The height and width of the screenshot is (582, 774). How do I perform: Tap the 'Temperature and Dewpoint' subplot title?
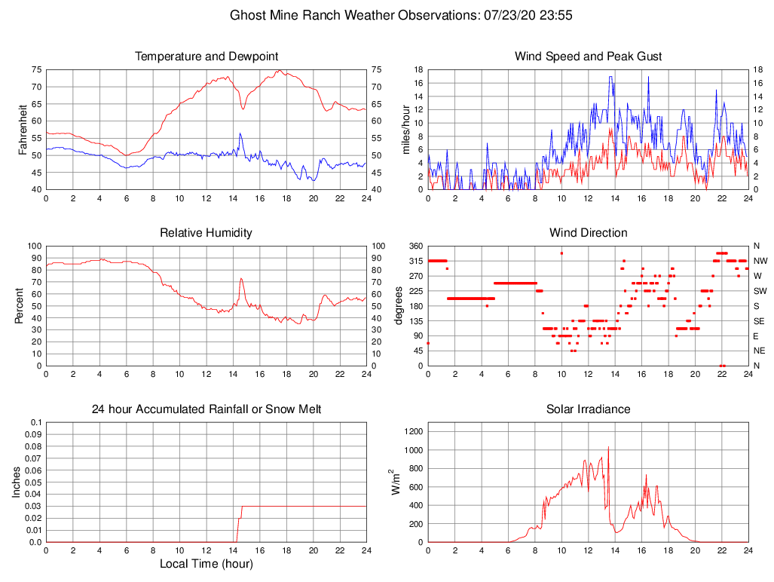click(x=207, y=57)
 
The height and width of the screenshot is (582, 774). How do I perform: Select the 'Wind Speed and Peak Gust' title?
click(x=588, y=57)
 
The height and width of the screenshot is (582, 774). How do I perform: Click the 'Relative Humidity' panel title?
click(x=207, y=233)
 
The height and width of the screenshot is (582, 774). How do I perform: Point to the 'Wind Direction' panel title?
click(x=588, y=233)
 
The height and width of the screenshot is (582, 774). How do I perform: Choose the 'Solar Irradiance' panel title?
click(x=588, y=409)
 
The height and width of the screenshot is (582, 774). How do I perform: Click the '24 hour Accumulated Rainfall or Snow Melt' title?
click(x=207, y=409)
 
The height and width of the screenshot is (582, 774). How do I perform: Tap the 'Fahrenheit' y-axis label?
click(x=23, y=130)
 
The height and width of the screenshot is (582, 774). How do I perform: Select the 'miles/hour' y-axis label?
click(x=405, y=130)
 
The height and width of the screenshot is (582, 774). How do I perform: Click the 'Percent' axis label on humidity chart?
click(x=20, y=306)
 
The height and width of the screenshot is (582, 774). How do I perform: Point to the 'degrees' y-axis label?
click(x=399, y=306)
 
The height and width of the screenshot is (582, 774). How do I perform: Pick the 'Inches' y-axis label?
click(x=17, y=482)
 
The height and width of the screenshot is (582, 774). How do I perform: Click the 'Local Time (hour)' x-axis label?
click(x=207, y=564)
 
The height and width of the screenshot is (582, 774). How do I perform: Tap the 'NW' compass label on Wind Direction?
click(x=760, y=261)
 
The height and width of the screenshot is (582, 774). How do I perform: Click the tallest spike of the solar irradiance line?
click(x=608, y=448)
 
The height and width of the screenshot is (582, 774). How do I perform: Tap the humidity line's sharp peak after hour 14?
click(x=241, y=279)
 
